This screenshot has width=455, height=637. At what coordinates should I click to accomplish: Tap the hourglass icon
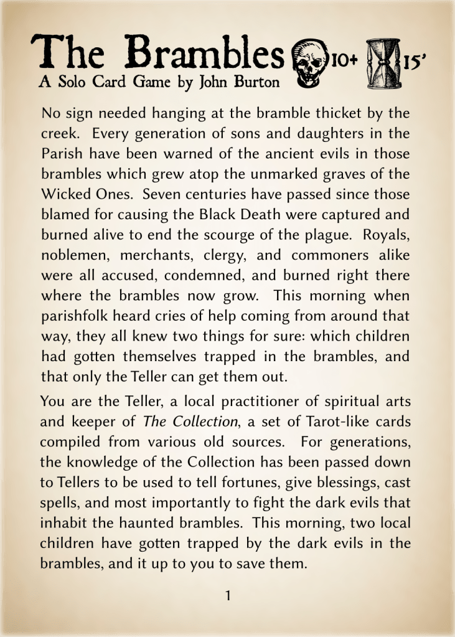(x=385, y=62)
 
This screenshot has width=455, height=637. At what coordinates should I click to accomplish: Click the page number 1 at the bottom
(x=228, y=595)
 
